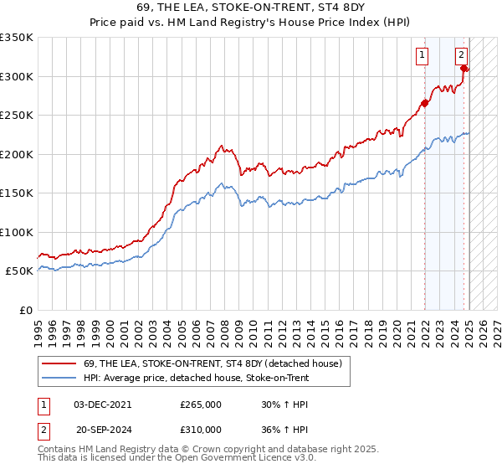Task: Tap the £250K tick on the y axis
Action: point(17,116)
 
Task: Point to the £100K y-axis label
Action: point(17,232)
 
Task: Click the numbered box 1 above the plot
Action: point(423,56)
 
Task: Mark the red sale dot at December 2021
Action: point(424,104)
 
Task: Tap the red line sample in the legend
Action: point(59,364)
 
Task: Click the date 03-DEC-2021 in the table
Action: point(103,405)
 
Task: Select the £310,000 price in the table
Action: point(201,429)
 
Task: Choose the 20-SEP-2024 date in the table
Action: point(103,429)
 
